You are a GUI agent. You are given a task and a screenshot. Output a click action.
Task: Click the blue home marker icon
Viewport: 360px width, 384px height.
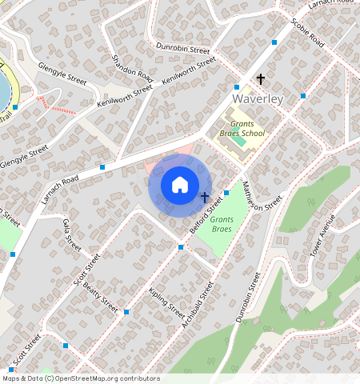click(180, 185)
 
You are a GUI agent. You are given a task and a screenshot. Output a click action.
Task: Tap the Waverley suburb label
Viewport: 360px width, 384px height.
click(258, 98)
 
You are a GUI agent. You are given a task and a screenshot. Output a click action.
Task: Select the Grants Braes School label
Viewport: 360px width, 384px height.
click(247, 129)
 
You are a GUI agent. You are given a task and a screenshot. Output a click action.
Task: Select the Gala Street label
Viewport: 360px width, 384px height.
click(72, 236)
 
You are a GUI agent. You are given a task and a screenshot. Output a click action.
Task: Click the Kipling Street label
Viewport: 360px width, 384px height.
click(168, 303)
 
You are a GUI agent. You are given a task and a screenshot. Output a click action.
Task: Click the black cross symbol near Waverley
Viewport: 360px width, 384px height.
click(260, 78)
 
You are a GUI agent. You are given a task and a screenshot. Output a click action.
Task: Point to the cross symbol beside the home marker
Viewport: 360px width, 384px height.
click(205, 196)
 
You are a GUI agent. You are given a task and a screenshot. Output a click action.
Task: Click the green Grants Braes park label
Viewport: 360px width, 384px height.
click(222, 224)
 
